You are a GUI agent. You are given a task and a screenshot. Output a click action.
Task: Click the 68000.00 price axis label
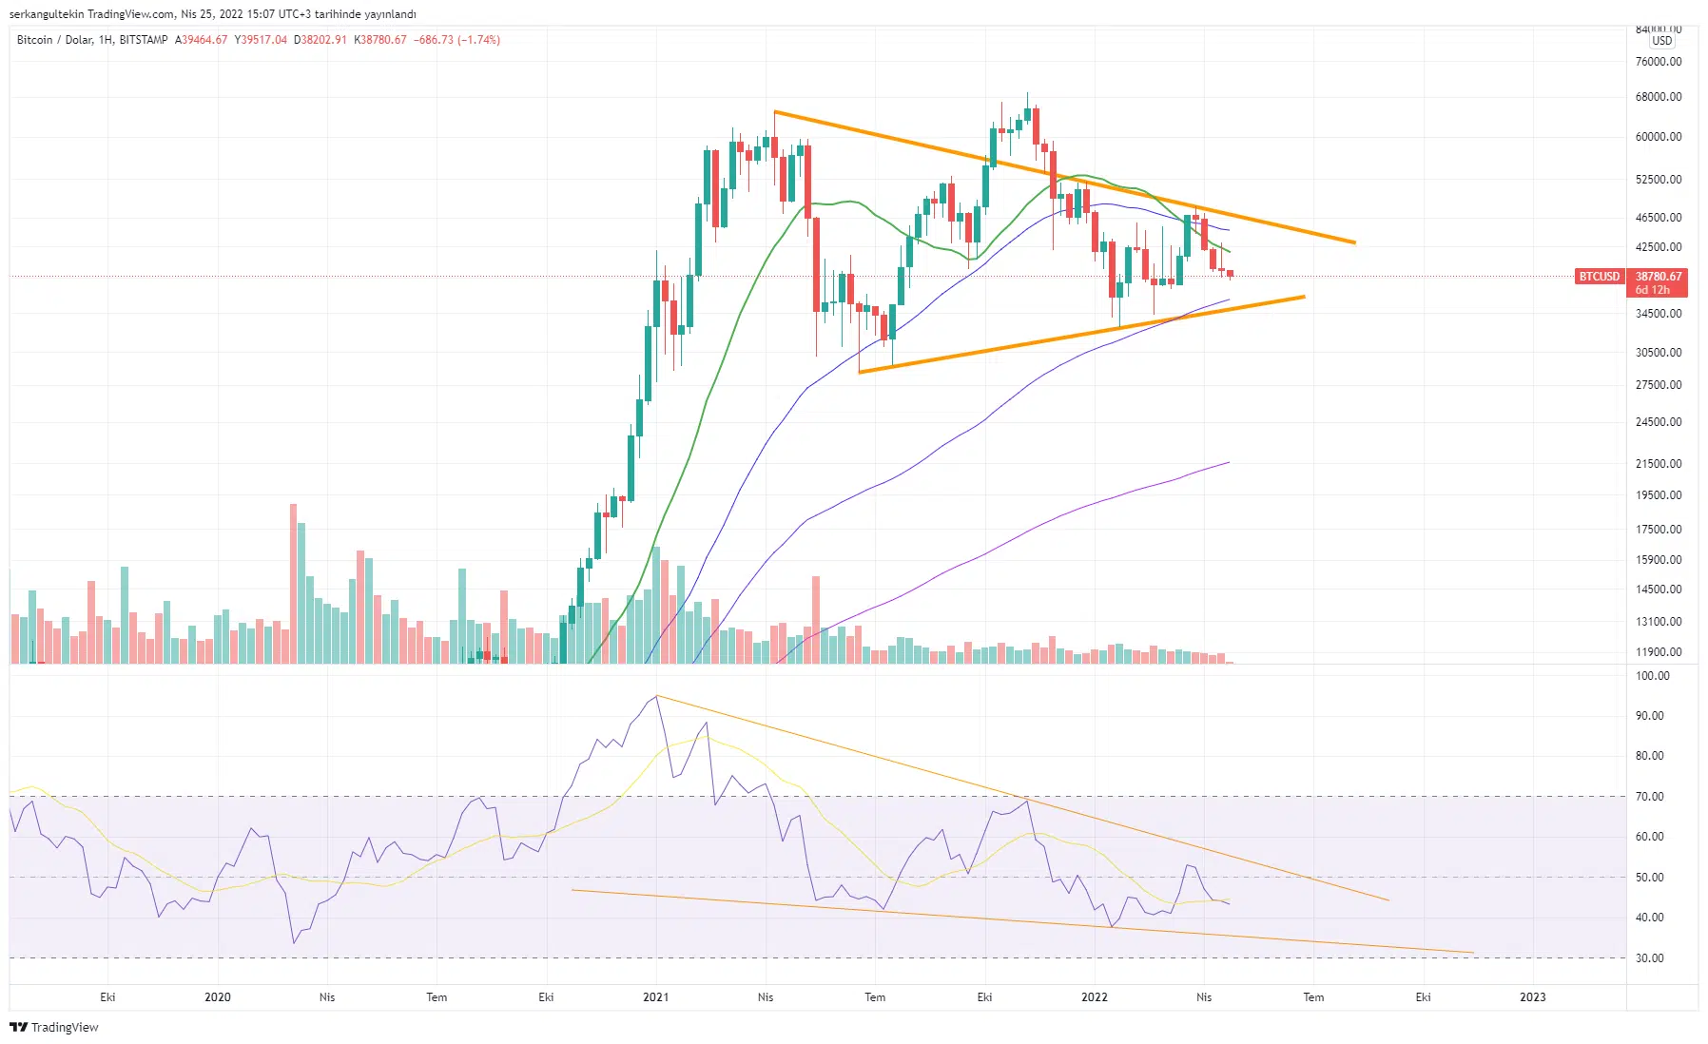point(1658,97)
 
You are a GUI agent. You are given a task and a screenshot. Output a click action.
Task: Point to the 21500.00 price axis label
point(1658,464)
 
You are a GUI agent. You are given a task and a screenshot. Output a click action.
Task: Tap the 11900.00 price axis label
point(1658,652)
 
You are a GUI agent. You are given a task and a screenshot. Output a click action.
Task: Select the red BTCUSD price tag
point(1599,277)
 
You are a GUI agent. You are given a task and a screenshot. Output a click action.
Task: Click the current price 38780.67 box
point(1659,277)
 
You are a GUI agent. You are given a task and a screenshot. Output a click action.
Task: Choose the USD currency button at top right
point(1661,41)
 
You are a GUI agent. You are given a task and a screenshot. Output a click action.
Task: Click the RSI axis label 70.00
point(1649,797)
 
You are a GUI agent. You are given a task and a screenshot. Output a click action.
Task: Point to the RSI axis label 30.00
point(1649,958)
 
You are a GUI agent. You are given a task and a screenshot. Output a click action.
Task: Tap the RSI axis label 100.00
point(1652,676)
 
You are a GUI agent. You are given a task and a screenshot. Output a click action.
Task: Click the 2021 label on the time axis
point(655,997)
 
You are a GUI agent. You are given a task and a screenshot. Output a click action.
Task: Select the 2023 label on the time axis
point(1532,997)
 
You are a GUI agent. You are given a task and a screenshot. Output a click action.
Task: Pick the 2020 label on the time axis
point(218,997)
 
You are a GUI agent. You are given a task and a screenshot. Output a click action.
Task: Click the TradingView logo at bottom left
point(54,1028)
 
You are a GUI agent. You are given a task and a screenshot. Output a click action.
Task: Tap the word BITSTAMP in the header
point(144,40)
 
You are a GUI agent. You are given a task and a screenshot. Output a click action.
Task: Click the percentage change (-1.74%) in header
point(478,40)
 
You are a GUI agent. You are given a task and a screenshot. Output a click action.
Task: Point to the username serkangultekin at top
point(47,14)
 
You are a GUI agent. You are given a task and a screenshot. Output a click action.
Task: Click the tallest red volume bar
point(294,582)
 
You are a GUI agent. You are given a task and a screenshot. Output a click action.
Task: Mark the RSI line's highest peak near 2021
point(657,696)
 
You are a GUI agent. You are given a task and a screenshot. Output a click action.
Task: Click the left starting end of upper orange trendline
point(775,112)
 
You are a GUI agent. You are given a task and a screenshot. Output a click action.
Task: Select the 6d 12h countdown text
point(1652,290)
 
